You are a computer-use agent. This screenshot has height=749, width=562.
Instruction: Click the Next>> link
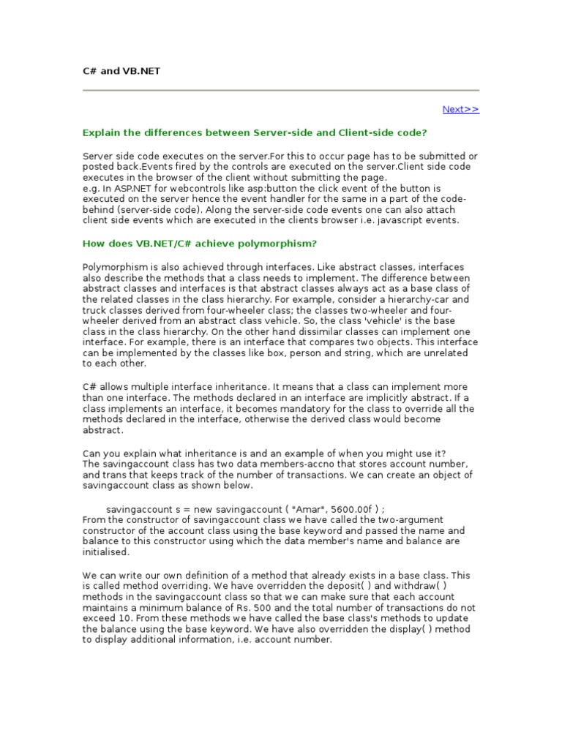click(460, 110)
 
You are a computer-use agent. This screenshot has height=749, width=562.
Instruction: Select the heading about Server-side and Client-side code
click(255, 132)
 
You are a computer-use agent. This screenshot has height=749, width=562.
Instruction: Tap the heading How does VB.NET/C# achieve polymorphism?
click(200, 244)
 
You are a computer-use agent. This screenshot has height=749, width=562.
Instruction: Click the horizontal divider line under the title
click(281, 90)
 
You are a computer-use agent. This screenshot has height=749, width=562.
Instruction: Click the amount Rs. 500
click(264, 608)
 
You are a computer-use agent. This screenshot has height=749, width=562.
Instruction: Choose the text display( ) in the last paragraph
click(411, 629)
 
